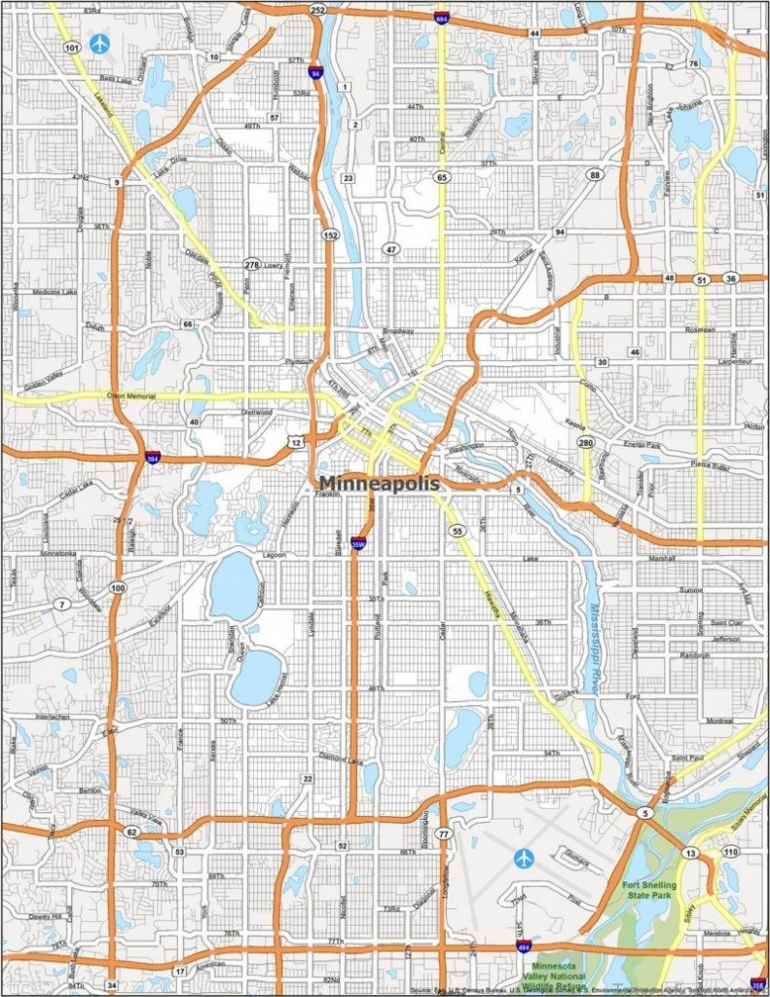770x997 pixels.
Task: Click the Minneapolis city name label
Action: tap(380, 483)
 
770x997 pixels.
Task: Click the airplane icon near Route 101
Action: tap(99, 43)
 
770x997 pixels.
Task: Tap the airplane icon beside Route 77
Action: tap(525, 858)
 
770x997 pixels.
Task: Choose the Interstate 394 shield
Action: tap(152, 457)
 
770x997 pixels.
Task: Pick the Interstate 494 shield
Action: tap(524, 944)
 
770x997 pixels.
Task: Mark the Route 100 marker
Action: tap(118, 588)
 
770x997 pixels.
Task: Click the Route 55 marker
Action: tap(457, 531)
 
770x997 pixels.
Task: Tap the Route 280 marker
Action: tap(585, 443)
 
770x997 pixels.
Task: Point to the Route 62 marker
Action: tap(131, 831)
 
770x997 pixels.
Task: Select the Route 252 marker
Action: tap(317, 10)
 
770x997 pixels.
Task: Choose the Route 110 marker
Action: tap(730, 852)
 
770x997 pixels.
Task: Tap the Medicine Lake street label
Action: tap(54, 291)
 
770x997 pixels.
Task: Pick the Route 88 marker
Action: tap(594, 174)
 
